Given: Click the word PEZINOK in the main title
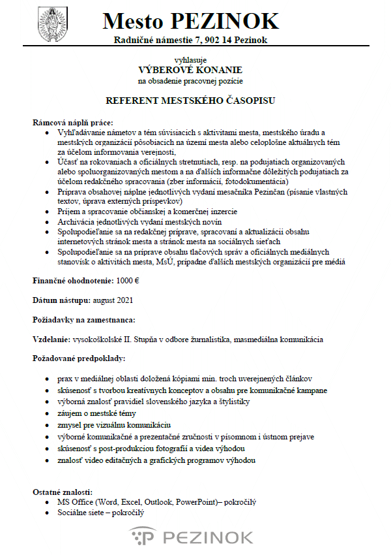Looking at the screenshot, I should pos(225,22).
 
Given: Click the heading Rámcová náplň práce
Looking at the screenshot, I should pos(73,123).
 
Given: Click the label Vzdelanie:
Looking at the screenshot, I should pos(51,340).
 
